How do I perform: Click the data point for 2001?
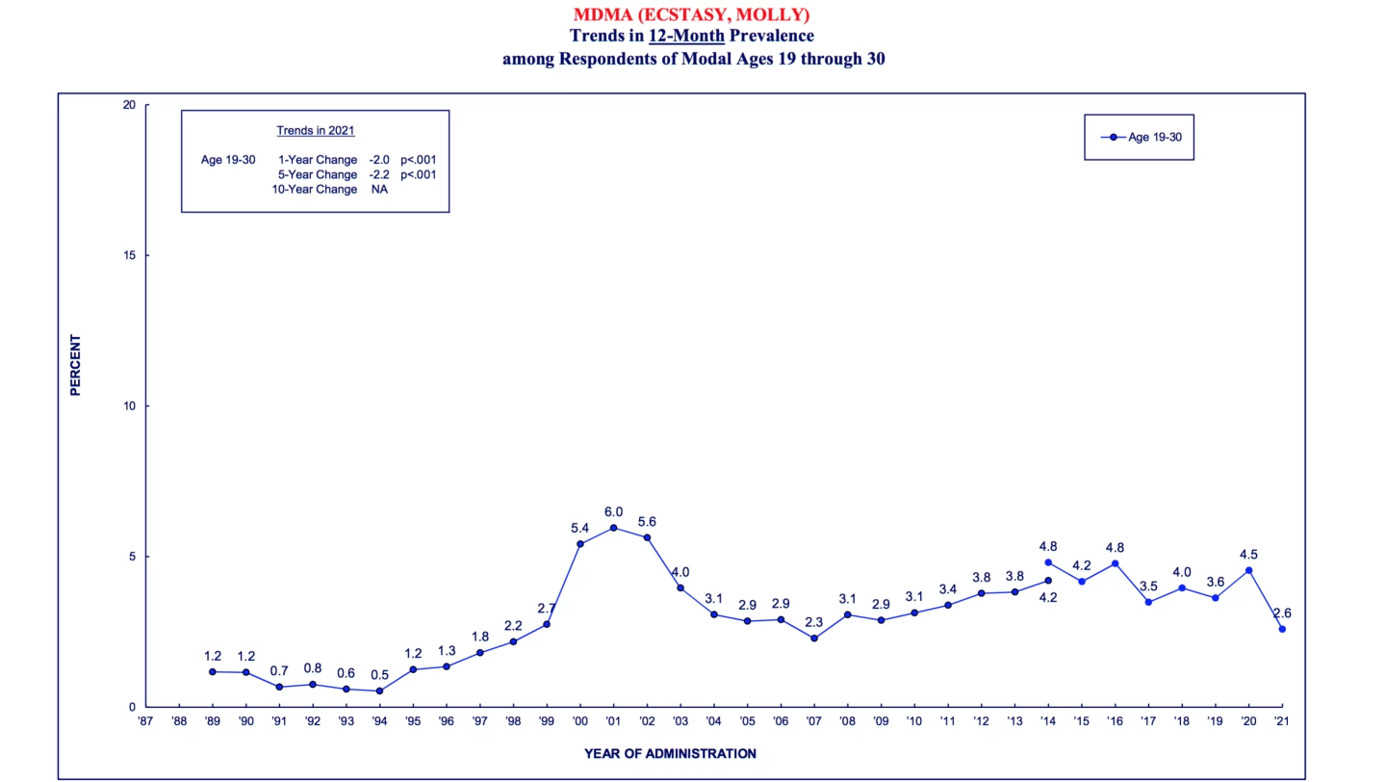tap(613, 528)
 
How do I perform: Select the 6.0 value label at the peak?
tap(613, 511)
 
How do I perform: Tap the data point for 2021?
tap(1282, 629)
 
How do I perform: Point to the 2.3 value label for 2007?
tap(814, 622)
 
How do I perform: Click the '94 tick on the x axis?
tap(379, 720)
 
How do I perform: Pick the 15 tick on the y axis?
tap(128, 255)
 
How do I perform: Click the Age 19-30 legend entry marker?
tap(1114, 137)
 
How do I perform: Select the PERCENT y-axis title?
tap(75, 365)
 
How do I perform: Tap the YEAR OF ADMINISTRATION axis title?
tap(670, 753)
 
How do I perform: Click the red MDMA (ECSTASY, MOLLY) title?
tap(691, 14)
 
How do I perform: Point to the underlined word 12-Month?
tap(686, 36)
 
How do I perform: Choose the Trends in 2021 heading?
tap(316, 130)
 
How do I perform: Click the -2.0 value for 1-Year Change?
tap(378, 160)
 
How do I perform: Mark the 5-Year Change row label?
tap(318, 174)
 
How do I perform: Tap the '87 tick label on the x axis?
tap(145, 720)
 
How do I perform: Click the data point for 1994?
tap(379, 691)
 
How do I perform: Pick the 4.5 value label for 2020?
tap(1248, 555)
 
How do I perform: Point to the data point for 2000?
tap(579, 544)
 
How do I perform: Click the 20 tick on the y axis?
tap(128, 105)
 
